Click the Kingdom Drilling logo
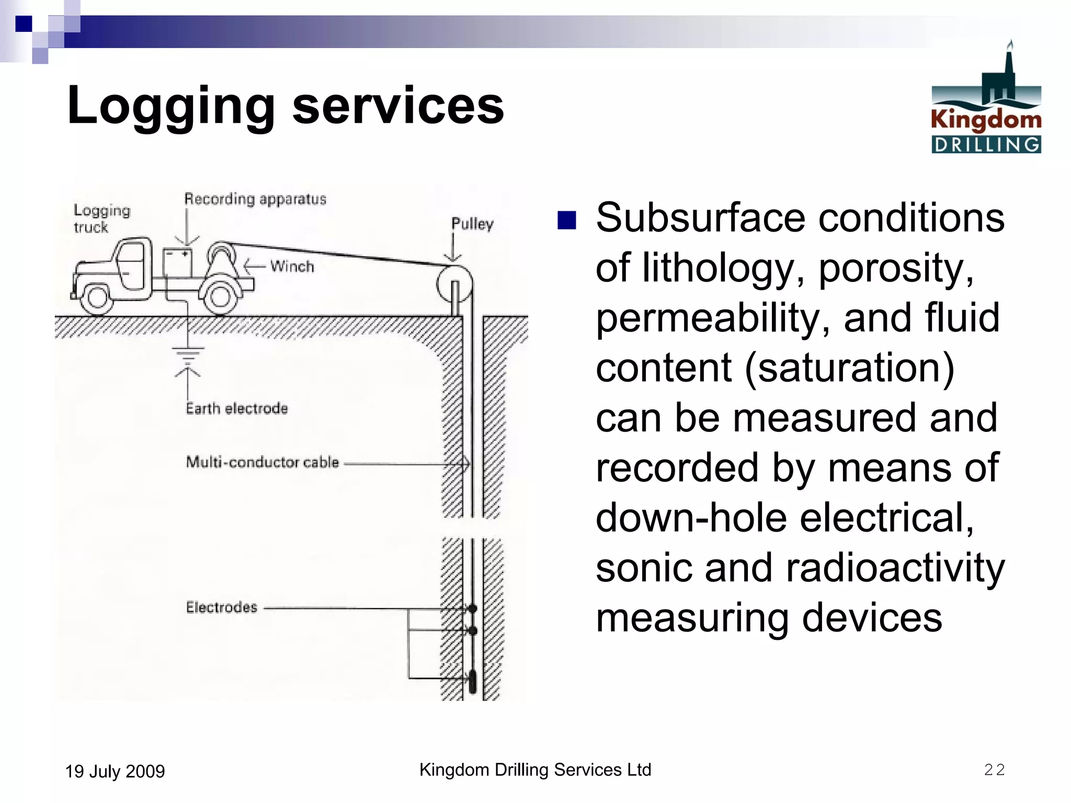[986, 99]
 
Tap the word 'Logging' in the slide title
[170, 106]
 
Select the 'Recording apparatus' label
[255, 199]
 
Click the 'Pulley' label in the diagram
[472, 224]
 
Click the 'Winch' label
[292, 267]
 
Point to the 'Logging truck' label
[101, 219]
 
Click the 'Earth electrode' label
[237, 408]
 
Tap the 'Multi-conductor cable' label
[263, 462]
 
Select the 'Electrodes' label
[222, 607]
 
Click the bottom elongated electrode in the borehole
[473, 681]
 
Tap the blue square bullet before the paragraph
[566, 221]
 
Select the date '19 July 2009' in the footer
[115, 771]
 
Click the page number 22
[994, 770]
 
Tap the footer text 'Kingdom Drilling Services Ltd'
[535, 770]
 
